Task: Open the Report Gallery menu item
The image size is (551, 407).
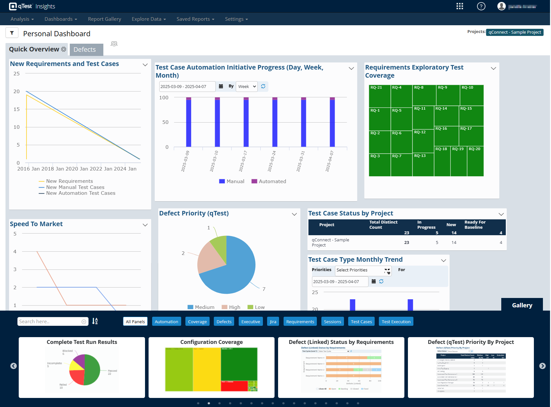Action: pos(104,19)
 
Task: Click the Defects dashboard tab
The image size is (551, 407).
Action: pos(85,49)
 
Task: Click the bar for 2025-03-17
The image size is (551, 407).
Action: pos(246,123)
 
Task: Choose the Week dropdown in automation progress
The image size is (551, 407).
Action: pos(247,86)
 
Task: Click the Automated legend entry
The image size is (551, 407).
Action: pos(269,181)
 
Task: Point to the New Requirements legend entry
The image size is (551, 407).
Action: pos(69,181)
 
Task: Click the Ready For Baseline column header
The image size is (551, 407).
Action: pos(475,225)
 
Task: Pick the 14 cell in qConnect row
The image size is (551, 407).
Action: pos(454,242)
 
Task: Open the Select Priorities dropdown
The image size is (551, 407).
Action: pos(363,270)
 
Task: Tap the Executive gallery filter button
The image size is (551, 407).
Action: pos(251,322)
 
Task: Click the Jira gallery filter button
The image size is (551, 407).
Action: pos(273,322)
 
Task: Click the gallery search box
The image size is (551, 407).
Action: pos(50,322)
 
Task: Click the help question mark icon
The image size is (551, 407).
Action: pos(481,6)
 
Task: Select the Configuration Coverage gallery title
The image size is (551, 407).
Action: pos(211,342)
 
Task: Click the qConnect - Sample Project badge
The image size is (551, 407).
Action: pos(515,32)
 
